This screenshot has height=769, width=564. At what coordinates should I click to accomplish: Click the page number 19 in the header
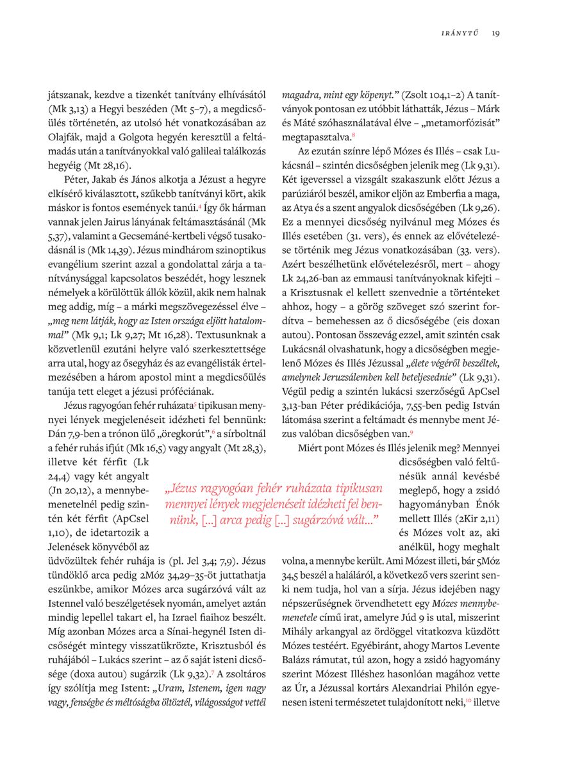tap(496, 33)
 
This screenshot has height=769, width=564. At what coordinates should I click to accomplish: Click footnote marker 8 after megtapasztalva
tap(354, 135)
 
